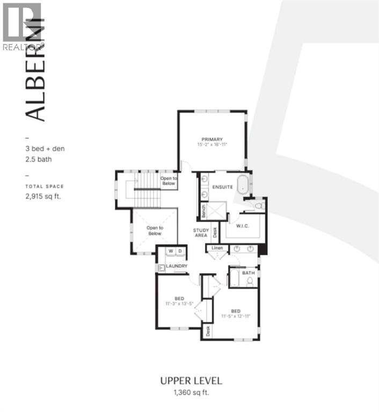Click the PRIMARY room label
click(x=212, y=139)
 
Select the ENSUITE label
click(x=222, y=187)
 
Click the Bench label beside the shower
click(x=203, y=210)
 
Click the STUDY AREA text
click(x=201, y=233)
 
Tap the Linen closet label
click(x=217, y=248)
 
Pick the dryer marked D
click(x=180, y=251)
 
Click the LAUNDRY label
click(x=176, y=266)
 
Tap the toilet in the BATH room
click(x=250, y=282)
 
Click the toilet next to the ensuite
click(x=259, y=205)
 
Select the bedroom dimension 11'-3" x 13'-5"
click(x=180, y=304)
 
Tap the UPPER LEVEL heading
click(x=190, y=381)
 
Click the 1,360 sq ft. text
click(x=190, y=393)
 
